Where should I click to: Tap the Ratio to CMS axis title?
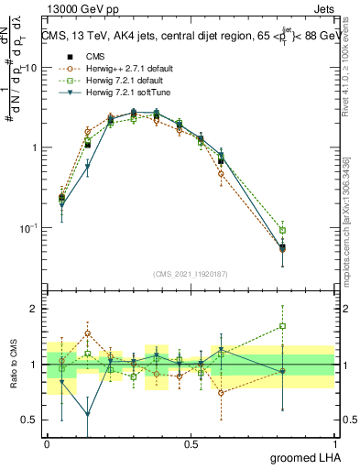pyautogui.click(x=13, y=365)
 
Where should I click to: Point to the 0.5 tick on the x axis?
pyautogui.click(x=191, y=443)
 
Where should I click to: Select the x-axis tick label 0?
pyautogui.click(x=47, y=443)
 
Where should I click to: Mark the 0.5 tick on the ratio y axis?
pyautogui.click(x=34, y=420)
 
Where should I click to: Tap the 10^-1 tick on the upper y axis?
pyautogui.click(x=31, y=228)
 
